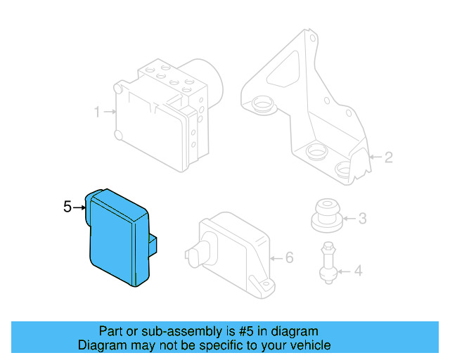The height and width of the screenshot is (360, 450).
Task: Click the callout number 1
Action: pos(98,111)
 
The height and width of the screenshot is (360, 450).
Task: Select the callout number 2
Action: pos(388,157)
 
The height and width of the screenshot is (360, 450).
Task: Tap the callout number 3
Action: pos(362,219)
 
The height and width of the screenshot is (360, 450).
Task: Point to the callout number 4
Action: pos(359,270)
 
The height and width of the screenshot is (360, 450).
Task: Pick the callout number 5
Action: pos(67,207)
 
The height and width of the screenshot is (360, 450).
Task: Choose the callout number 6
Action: pos(288,258)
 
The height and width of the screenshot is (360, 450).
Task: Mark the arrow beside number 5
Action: pos(79,207)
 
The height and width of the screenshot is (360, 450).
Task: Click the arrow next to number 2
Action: pos(374,157)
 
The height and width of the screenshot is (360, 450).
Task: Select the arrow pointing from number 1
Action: pos(109,111)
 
